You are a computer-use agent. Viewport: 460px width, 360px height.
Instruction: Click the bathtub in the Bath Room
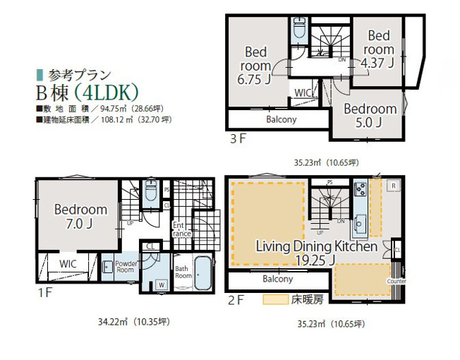click(202, 273)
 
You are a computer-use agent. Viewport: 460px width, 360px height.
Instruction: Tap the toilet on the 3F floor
click(298, 30)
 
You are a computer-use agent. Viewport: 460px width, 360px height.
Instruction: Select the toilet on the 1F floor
click(150, 192)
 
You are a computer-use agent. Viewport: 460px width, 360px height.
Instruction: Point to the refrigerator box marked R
click(392, 187)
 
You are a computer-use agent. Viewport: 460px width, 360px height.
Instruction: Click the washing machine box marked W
click(162, 284)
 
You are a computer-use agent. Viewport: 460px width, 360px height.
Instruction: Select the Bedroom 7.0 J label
click(80, 217)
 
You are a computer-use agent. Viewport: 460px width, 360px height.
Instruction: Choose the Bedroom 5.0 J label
click(370, 116)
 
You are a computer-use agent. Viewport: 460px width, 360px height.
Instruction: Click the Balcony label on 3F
click(282, 119)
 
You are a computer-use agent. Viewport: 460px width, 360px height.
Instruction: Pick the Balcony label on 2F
click(277, 279)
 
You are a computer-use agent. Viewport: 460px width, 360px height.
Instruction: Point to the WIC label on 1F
click(68, 263)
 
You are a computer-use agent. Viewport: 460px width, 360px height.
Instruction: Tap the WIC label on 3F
click(303, 92)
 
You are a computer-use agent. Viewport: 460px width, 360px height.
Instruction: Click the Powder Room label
click(125, 265)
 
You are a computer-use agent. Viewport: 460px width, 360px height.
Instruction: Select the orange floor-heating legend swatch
click(274, 299)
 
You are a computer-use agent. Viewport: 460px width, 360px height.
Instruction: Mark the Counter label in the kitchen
click(397, 281)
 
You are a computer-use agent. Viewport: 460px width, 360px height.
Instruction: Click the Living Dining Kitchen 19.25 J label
click(305, 253)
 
